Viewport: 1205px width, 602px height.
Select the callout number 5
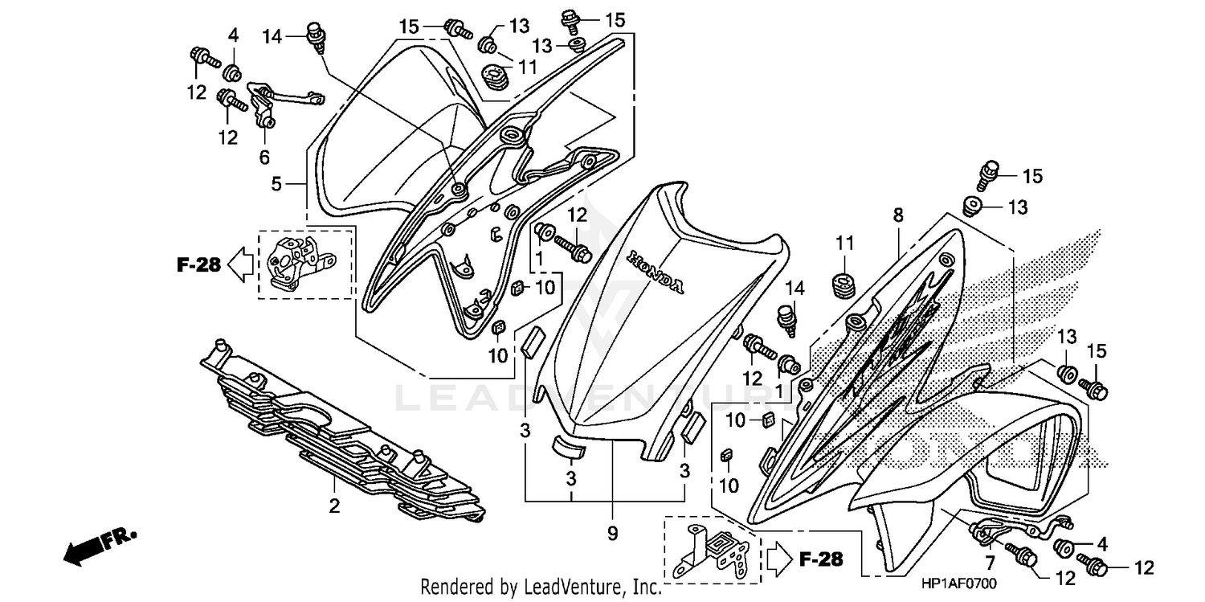tap(276, 184)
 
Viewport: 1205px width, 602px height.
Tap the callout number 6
tap(264, 157)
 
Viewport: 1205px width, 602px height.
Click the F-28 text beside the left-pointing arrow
tap(198, 264)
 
